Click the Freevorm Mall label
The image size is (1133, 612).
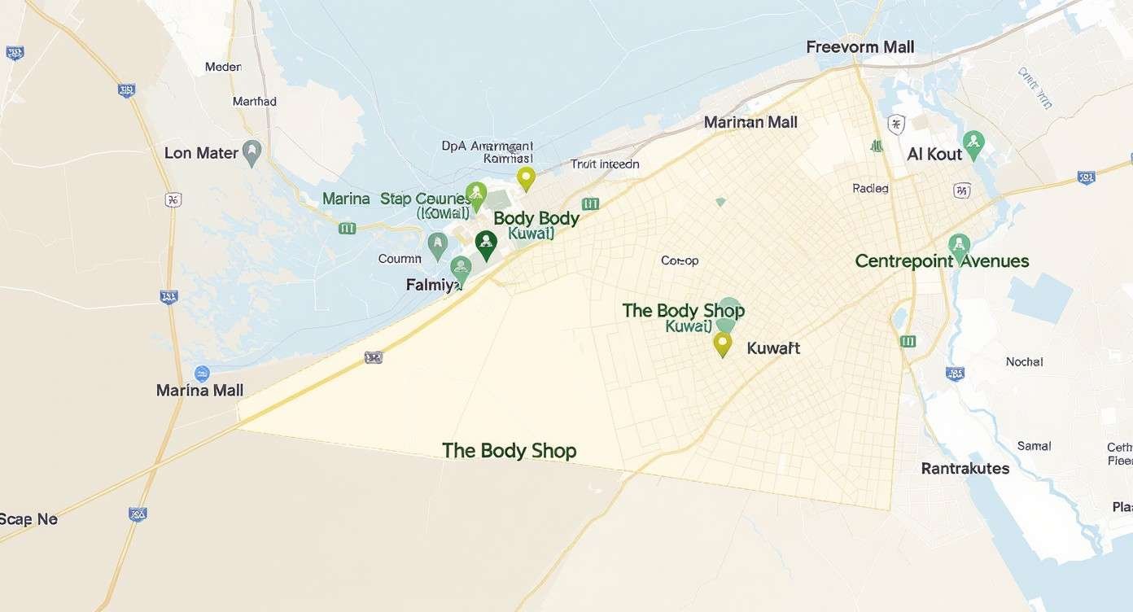point(860,47)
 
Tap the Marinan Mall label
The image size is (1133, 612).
point(750,122)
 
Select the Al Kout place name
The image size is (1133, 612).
point(934,154)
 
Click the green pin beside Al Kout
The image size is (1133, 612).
point(973,146)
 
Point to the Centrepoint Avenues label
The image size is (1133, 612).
point(942,261)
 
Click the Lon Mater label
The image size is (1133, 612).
point(201,153)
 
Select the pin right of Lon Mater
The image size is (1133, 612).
point(252,152)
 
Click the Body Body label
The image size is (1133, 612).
point(536,218)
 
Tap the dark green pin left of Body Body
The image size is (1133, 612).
point(486,244)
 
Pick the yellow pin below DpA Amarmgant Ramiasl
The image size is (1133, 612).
point(526,178)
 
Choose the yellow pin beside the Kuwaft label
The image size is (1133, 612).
point(722,344)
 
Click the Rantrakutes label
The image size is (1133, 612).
point(965,469)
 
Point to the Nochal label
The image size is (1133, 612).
point(1024,362)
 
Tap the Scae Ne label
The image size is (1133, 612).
point(28,519)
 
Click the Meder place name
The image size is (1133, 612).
point(223,67)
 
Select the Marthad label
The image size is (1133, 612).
point(254,102)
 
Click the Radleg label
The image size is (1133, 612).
point(870,188)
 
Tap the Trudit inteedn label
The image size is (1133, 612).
point(605,164)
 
